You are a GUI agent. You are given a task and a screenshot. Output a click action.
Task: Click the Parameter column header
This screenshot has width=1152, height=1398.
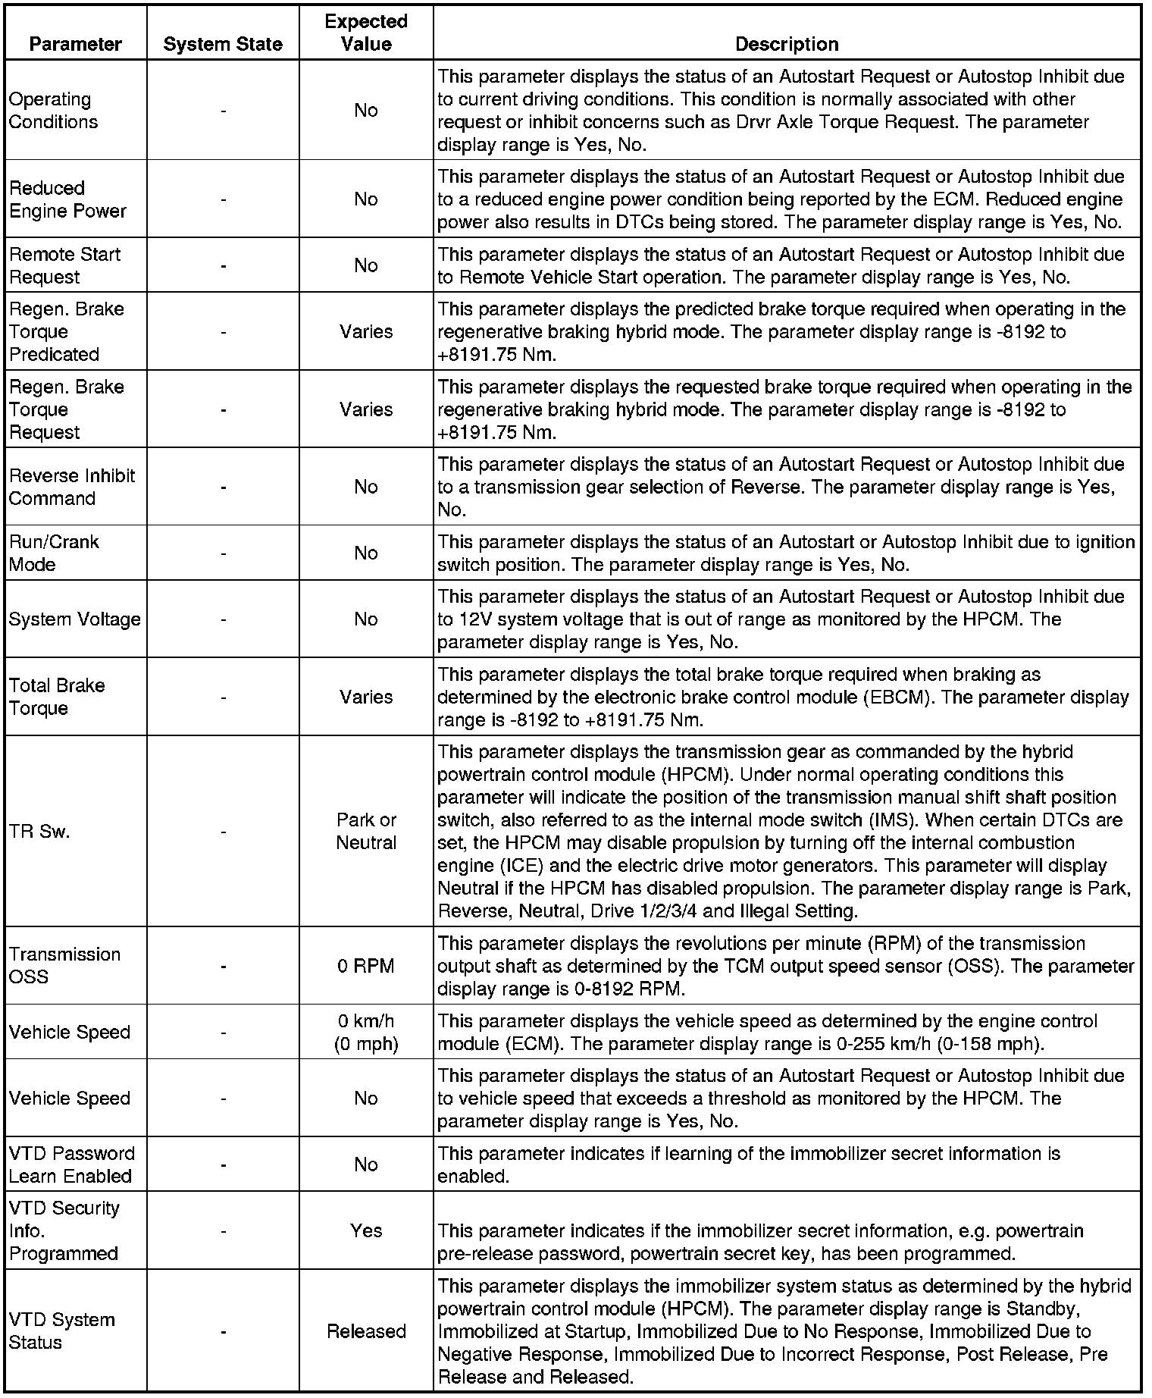(x=75, y=44)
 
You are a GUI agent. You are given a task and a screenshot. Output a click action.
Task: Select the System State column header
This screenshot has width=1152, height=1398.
(x=223, y=44)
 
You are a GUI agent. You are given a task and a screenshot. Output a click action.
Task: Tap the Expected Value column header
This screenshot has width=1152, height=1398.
(x=366, y=33)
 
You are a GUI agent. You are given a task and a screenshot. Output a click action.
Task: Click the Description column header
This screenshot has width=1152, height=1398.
(x=787, y=44)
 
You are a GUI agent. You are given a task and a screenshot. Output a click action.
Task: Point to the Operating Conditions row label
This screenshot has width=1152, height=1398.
(x=53, y=111)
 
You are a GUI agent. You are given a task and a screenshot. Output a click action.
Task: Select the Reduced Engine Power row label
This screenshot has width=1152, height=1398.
(x=67, y=199)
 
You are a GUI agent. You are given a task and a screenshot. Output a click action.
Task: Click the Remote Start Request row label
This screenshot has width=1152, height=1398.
(x=65, y=265)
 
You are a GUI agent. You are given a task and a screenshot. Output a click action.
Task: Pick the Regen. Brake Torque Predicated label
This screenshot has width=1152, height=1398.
(x=66, y=332)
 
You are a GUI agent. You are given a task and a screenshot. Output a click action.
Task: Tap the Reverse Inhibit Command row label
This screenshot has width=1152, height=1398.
(x=72, y=487)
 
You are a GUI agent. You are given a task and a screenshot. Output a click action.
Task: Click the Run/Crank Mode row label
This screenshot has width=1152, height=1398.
(x=54, y=553)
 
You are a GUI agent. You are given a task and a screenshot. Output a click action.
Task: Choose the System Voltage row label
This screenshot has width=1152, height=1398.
(x=75, y=619)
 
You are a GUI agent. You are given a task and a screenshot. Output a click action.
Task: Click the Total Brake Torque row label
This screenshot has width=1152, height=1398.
(x=57, y=697)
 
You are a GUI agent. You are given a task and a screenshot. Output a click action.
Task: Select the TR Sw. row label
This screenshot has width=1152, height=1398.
(x=39, y=832)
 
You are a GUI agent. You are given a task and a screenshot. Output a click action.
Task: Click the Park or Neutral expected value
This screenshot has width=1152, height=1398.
(x=366, y=832)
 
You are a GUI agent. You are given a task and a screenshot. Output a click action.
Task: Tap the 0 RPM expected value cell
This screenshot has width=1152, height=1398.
(x=366, y=966)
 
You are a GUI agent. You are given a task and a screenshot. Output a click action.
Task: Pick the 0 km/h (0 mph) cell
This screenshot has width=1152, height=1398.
(x=366, y=1033)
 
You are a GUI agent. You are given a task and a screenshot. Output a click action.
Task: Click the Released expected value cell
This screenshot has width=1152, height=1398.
(x=366, y=1331)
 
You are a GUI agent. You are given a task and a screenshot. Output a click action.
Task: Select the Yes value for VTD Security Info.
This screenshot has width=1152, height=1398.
(x=366, y=1230)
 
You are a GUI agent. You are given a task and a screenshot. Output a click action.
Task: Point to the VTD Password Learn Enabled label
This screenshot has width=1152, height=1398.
(x=71, y=1164)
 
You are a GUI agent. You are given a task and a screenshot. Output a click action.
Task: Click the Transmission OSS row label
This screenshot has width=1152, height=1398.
(x=64, y=966)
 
